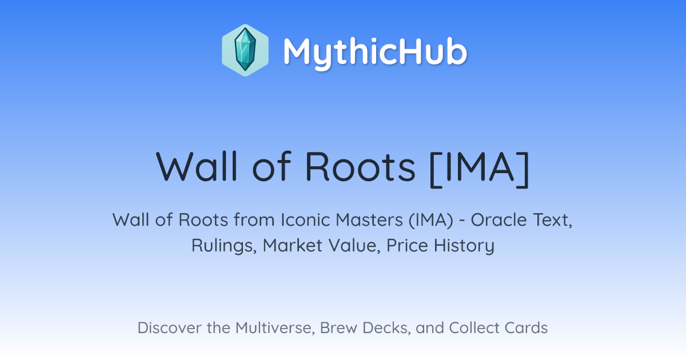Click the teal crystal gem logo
245,50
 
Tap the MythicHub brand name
375,52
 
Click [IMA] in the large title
479,168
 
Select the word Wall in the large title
196,166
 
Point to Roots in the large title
360,167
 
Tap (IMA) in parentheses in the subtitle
430,221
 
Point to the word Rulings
224,246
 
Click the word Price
407,245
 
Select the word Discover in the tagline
170,327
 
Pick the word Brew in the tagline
338,327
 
